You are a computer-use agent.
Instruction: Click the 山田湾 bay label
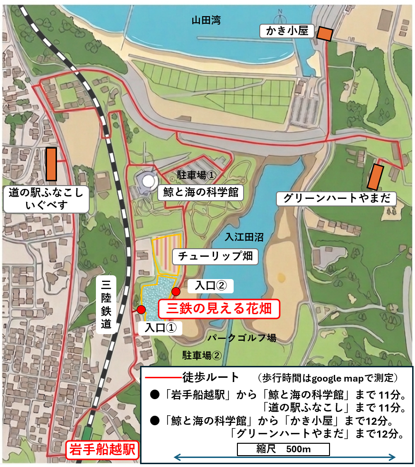206,20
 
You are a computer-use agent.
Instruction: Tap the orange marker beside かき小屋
325,34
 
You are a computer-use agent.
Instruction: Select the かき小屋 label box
284,32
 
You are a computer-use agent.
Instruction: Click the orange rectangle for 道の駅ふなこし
51,164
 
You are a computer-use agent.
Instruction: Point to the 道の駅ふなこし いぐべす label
46,199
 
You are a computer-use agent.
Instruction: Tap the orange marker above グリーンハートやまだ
376,176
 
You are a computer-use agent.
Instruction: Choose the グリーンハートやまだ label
336,198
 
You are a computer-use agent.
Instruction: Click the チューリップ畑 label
216,257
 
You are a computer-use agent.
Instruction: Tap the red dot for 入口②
176,291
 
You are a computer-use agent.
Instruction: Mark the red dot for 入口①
141,309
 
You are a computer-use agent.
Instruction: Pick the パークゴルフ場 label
242,338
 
